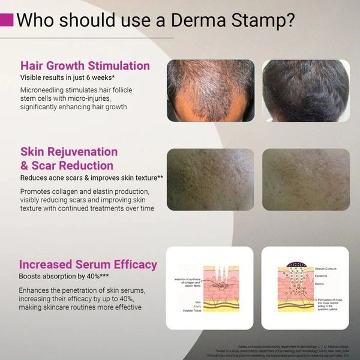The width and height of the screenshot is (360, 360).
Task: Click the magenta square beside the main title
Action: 7,19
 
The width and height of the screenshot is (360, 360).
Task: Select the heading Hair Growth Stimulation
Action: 85,65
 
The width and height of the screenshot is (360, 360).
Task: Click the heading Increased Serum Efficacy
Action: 88,265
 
